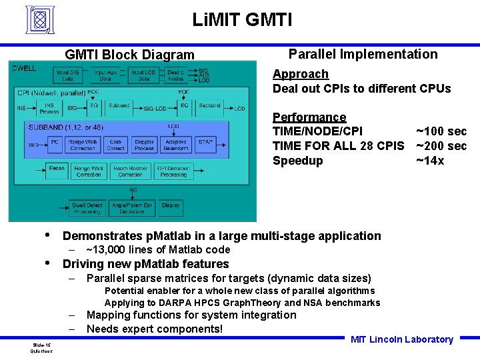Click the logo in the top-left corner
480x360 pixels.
(40, 20)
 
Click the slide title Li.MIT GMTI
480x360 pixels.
(242, 20)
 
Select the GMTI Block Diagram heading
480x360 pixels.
(129, 55)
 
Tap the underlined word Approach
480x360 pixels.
(300, 74)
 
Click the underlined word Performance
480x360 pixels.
(309, 117)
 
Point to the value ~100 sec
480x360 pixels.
(441, 131)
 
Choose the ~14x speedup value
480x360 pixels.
(429, 161)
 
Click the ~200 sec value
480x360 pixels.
(441, 146)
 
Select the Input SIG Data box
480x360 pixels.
(67, 75)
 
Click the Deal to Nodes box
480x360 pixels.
(176, 75)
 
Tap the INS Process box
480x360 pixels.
(49, 108)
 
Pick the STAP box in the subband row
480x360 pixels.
(205, 142)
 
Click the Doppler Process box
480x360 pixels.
(145, 145)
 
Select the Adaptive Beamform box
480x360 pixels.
(176, 145)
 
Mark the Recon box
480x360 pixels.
(57, 169)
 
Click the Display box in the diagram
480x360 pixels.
(171, 206)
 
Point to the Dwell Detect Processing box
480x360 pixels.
(87, 208)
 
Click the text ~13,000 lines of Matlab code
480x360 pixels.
(158, 250)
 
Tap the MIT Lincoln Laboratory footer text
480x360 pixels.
(401, 340)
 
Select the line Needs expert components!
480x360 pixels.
(155, 329)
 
